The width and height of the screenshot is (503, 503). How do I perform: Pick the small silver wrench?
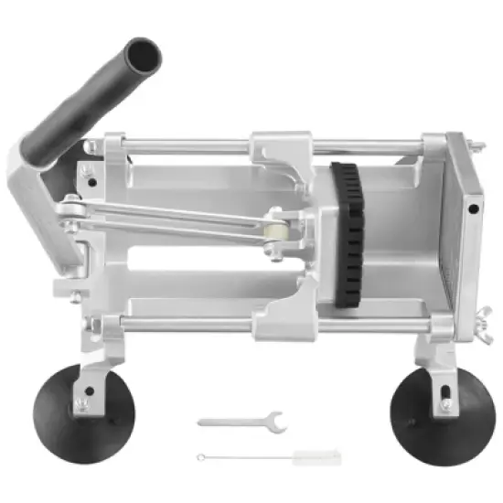(242, 422)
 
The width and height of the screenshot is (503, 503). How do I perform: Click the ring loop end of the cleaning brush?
(199, 456)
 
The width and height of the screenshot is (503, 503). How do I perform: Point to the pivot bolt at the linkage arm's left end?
(69, 212)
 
